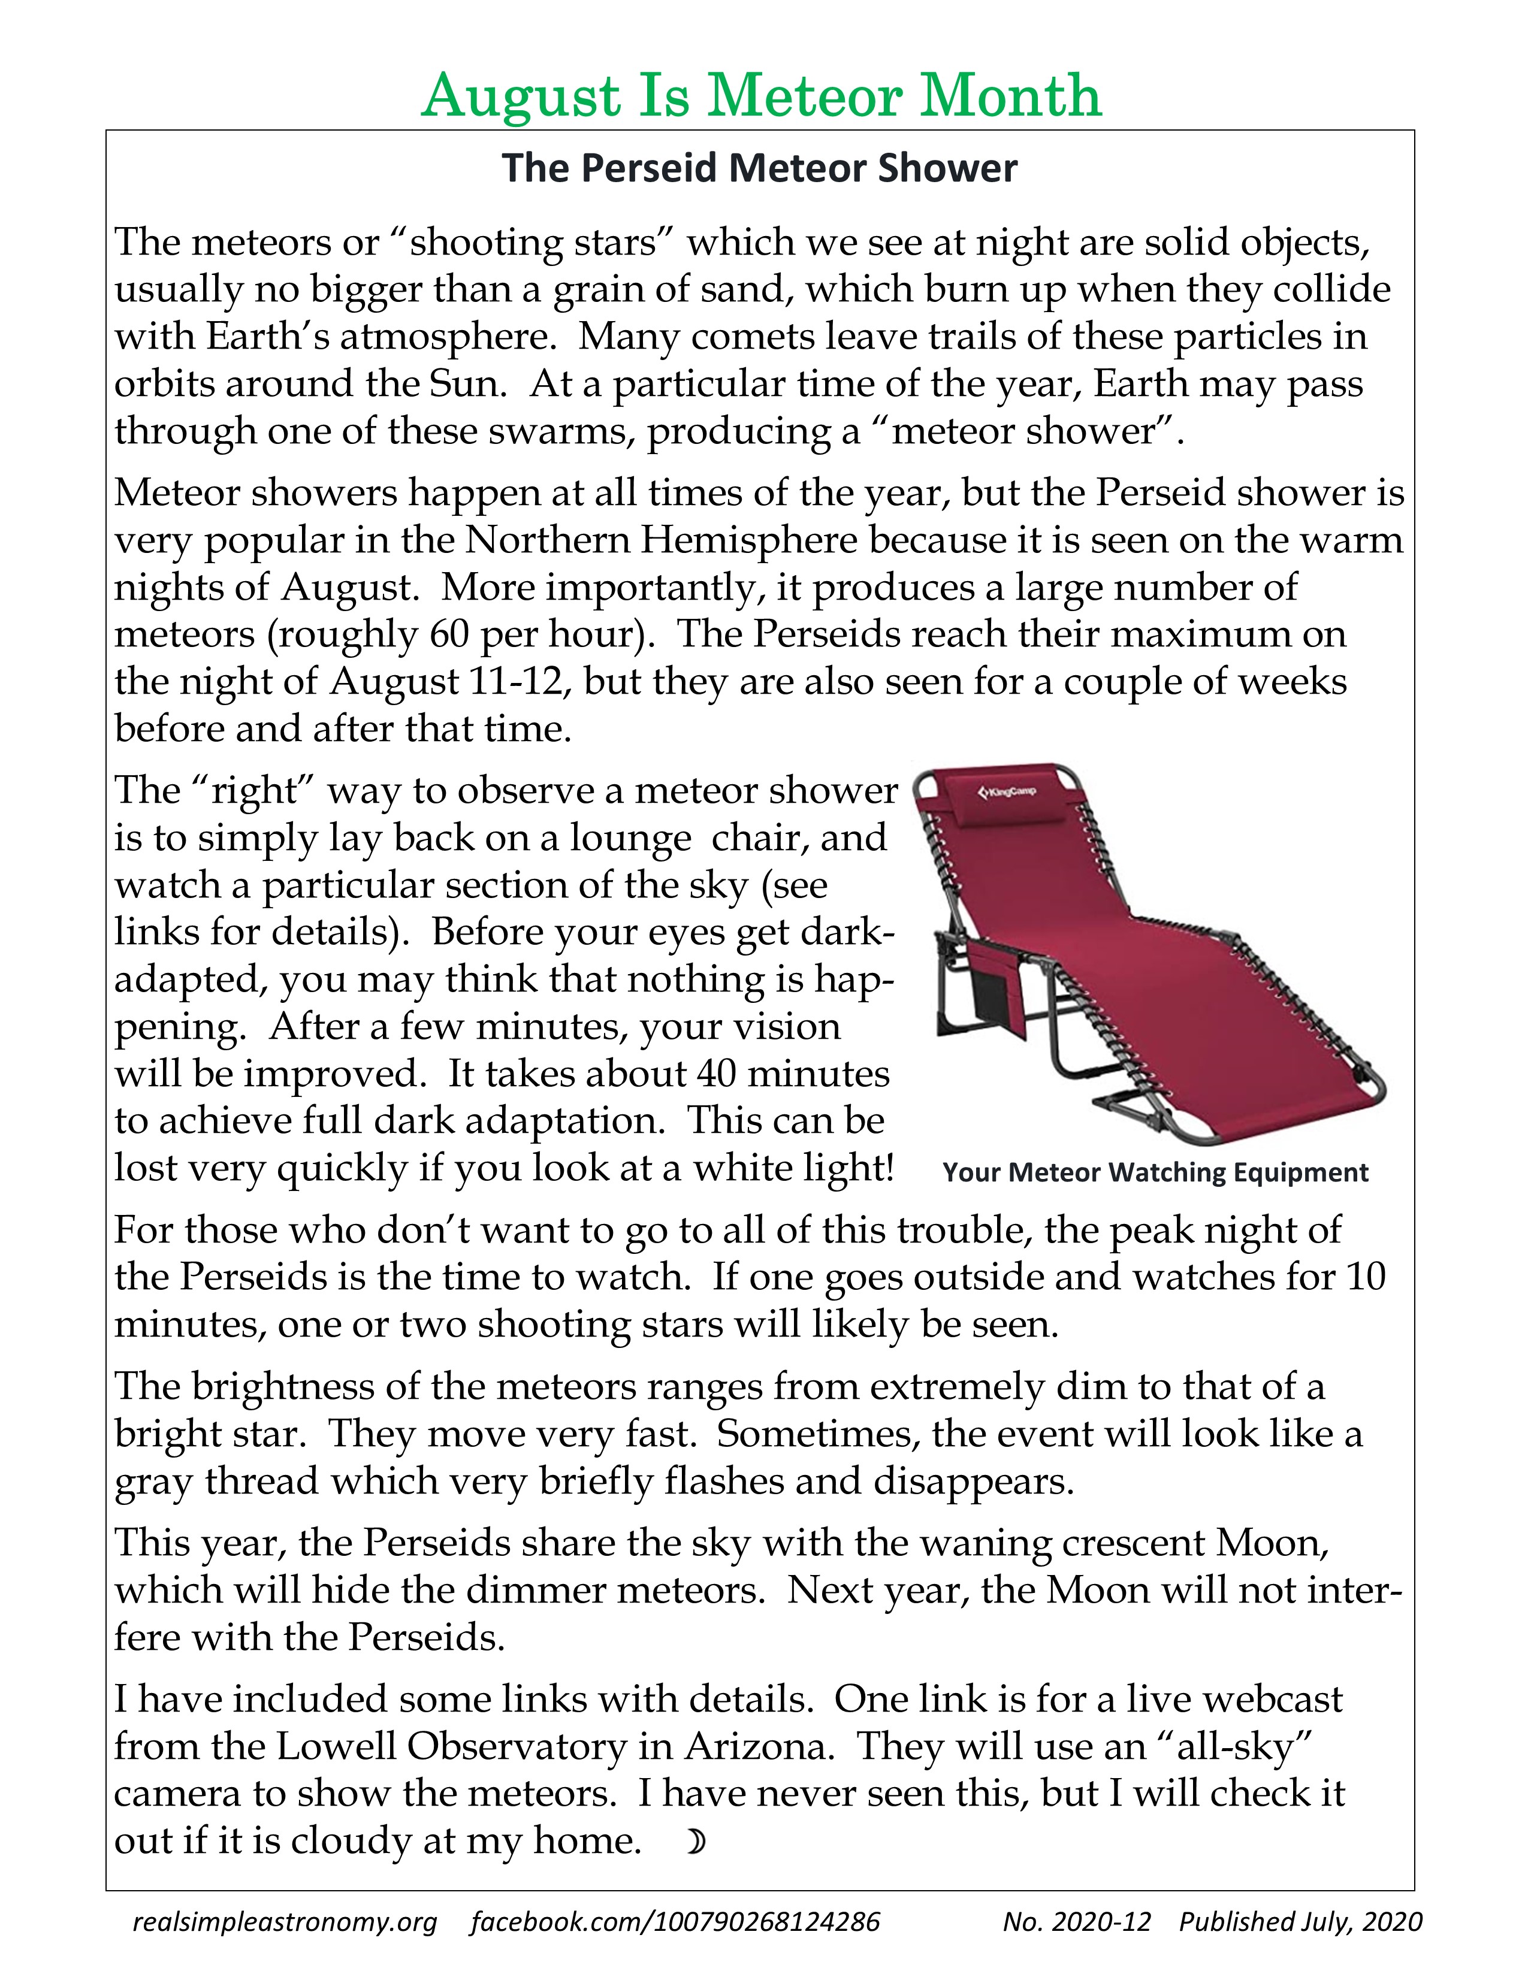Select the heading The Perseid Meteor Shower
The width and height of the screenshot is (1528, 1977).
point(759,168)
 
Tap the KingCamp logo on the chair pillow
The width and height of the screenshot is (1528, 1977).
point(1007,793)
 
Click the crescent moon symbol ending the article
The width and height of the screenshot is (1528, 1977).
point(694,1840)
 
